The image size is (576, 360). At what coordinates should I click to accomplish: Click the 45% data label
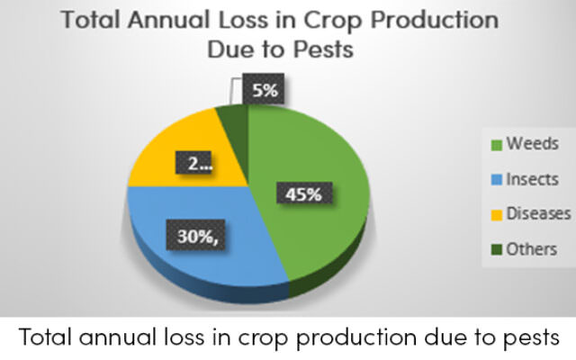pos(304,194)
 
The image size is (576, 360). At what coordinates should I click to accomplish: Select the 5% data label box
pos(264,88)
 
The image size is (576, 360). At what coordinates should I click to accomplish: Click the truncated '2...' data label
pos(193,162)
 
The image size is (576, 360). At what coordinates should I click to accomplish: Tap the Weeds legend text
pos(533,143)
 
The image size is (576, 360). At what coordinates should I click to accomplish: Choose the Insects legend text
pos(532,179)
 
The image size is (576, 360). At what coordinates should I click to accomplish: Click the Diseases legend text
pos(538,213)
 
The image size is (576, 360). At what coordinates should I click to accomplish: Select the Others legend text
pos(532,249)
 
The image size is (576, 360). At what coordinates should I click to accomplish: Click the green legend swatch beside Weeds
pos(497,145)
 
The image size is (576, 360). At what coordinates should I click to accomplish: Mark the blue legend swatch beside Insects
pos(497,180)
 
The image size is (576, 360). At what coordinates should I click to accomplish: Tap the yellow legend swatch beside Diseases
pos(497,215)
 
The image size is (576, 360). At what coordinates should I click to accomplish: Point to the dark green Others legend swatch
pos(497,250)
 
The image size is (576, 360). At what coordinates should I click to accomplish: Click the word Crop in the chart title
pos(332,21)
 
